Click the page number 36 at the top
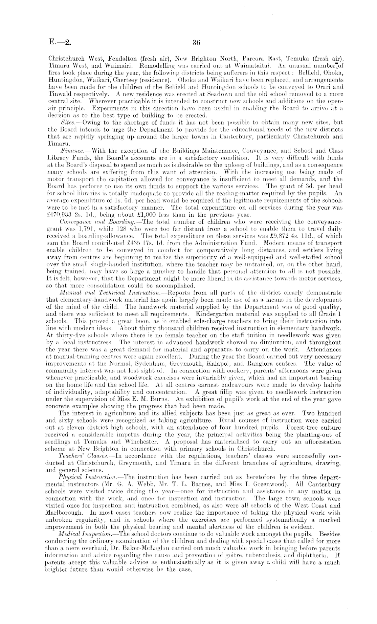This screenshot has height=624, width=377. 196,43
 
